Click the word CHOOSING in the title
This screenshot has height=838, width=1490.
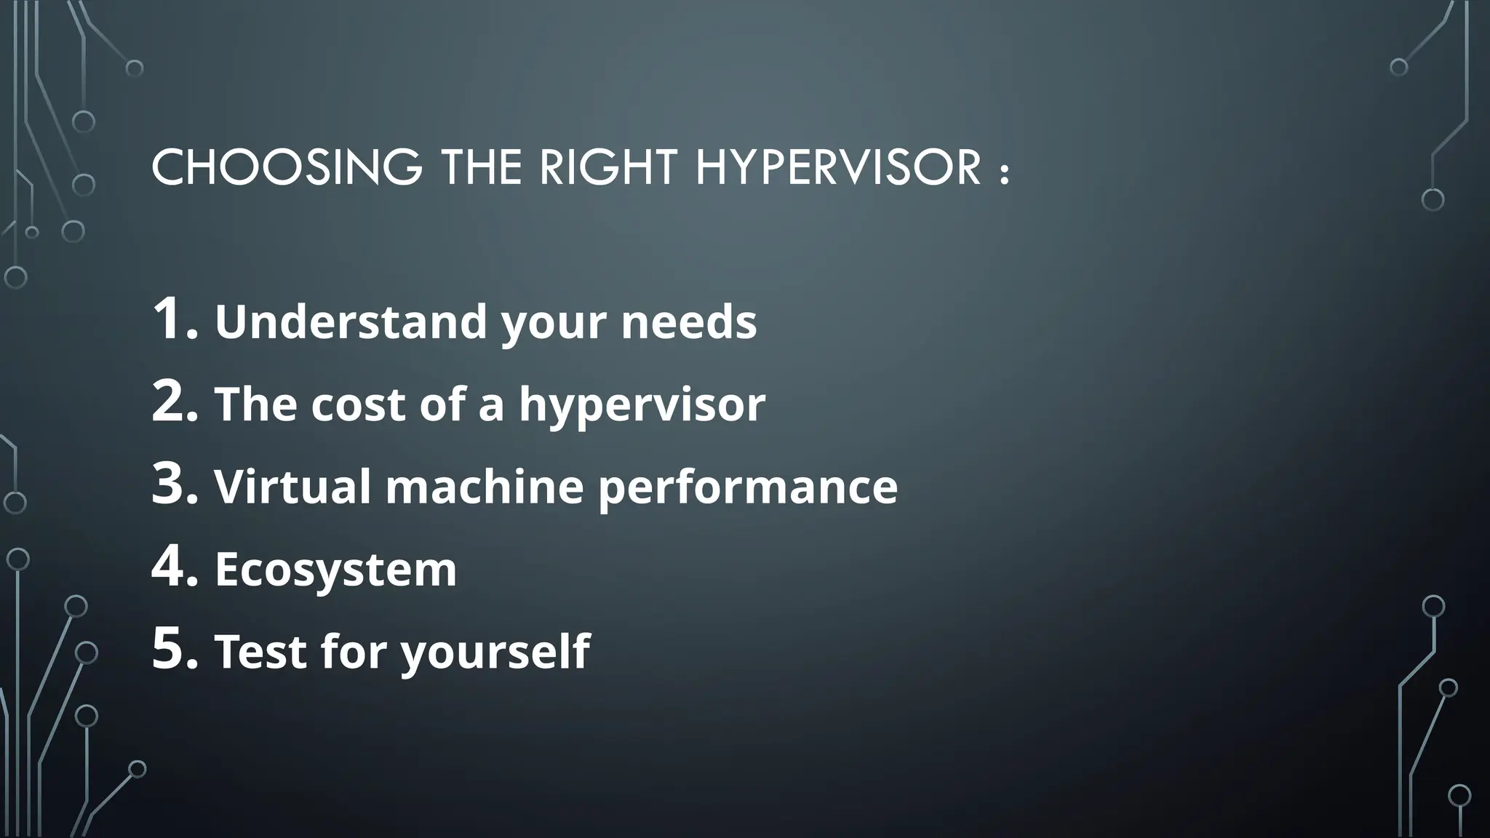click(x=286, y=167)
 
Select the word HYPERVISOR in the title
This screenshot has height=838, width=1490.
click(x=838, y=167)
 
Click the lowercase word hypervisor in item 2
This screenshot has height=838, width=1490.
click(x=642, y=406)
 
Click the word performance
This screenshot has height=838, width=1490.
click(x=748, y=487)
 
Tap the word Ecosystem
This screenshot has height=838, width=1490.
click(x=335, y=570)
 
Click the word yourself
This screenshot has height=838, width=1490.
click(x=495, y=653)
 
